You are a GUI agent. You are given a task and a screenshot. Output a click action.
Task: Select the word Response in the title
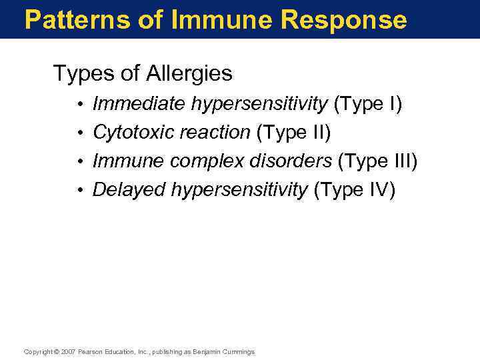[343, 20]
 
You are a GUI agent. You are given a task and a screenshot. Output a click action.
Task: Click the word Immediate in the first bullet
[139, 104]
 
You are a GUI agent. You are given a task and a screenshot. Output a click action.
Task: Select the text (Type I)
[367, 104]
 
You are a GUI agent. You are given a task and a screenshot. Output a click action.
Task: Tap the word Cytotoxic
[129, 133]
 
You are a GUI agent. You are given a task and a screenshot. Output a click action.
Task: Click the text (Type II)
[293, 133]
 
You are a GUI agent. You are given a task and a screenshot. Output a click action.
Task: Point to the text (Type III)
[378, 161]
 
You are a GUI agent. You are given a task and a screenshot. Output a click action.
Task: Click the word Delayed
[129, 190]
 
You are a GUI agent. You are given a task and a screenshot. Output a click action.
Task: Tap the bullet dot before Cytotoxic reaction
[79, 133]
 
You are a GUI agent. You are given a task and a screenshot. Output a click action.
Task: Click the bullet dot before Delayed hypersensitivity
[79, 191]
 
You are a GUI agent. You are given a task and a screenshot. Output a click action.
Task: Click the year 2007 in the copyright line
[69, 352]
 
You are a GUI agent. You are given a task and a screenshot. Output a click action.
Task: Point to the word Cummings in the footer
[237, 352]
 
